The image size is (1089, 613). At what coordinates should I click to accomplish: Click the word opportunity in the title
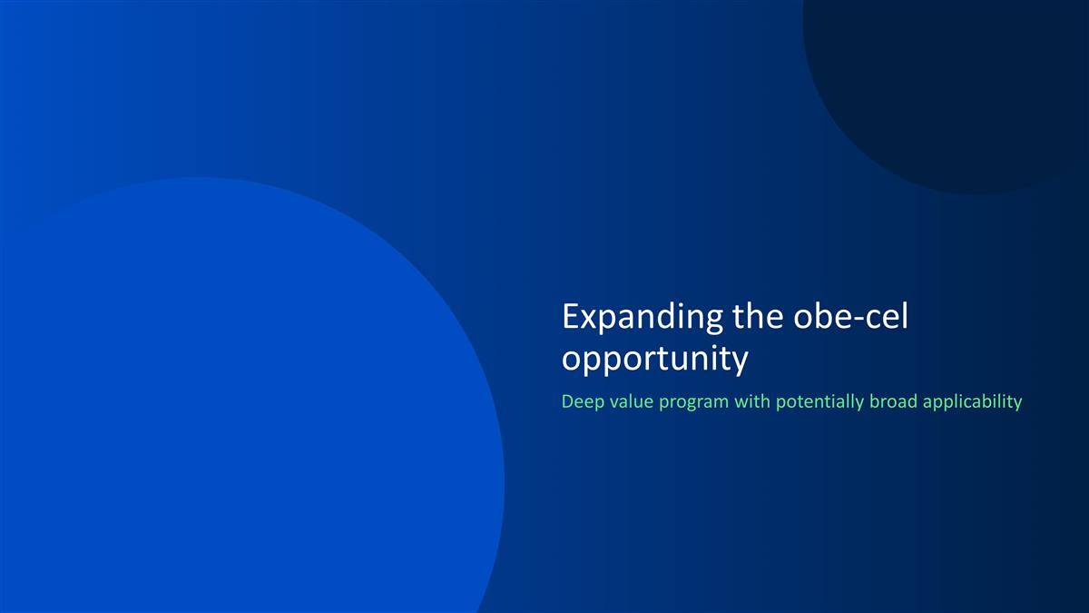tap(655, 360)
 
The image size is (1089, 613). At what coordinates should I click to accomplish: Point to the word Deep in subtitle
tap(581, 401)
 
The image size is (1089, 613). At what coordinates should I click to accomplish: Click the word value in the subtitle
tap(629, 401)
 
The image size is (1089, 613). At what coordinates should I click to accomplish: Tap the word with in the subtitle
tap(751, 401)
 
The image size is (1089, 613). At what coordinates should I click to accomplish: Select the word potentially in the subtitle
tap(819, 401)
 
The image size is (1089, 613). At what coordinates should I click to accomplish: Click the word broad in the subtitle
tap(893, 401)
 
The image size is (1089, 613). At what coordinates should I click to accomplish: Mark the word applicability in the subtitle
tap(972, 401)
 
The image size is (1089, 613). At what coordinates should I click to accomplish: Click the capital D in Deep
tap(568, 401)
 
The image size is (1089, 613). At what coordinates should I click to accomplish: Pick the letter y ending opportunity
tap(740, 363)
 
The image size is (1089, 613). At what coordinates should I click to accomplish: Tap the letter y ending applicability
tap(1017, 404)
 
